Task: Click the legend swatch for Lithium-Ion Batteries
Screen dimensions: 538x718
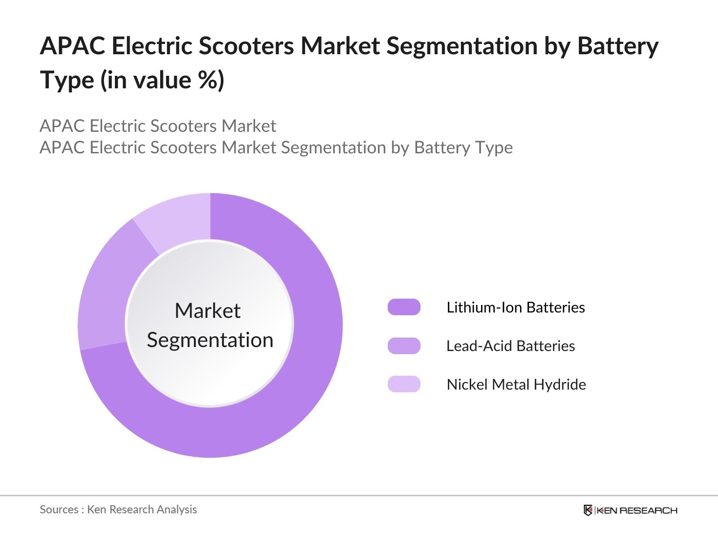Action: coord(404,307)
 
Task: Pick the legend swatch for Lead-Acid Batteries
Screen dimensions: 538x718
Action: coord(404,346)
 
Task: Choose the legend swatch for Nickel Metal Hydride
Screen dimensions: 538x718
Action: coord(404,384)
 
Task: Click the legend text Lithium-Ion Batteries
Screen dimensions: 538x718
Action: coord(516,307)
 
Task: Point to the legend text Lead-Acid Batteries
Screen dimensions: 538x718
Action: coord(510,346)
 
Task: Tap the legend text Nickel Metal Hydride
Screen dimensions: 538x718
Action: coord(516,384)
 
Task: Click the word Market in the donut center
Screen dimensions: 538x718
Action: coord(207,311)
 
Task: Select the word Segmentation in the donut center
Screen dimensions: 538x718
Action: coord(210,340)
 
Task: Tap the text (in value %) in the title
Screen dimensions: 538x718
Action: coord(162,81)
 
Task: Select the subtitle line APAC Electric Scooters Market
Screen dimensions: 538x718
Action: coord(158,126)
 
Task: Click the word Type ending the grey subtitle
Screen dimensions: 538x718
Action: coord(494,148)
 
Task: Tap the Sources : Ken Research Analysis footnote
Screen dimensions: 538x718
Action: coord(118,509)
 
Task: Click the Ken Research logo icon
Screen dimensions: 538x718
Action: coord(588,510)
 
